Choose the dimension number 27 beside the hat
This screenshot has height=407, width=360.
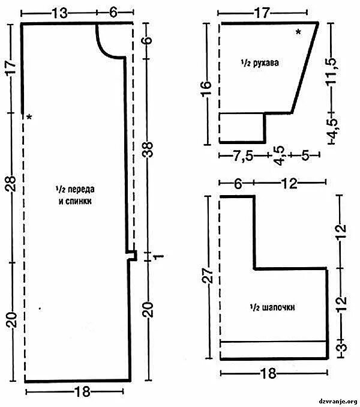click(x=209, y=278)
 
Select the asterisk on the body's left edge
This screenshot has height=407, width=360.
click(x=29, y=118)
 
